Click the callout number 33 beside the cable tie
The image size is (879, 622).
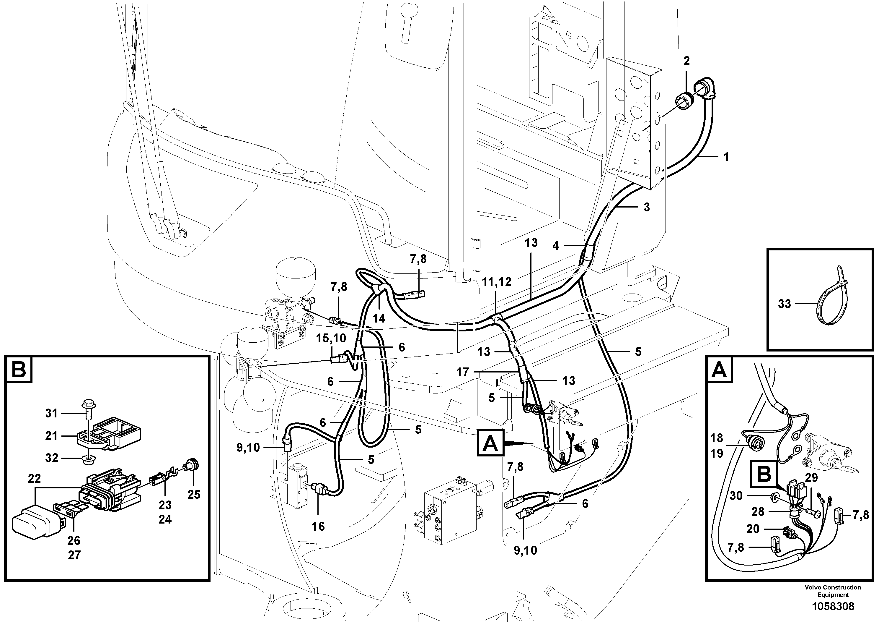785,304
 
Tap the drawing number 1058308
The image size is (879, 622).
833,606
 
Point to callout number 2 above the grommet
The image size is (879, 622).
686,61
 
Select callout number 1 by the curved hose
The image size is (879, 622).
726,157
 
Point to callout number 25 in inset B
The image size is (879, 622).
194,494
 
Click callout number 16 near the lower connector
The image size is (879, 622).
318,526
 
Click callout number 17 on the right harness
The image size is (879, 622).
462,372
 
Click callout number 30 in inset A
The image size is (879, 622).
736,496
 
